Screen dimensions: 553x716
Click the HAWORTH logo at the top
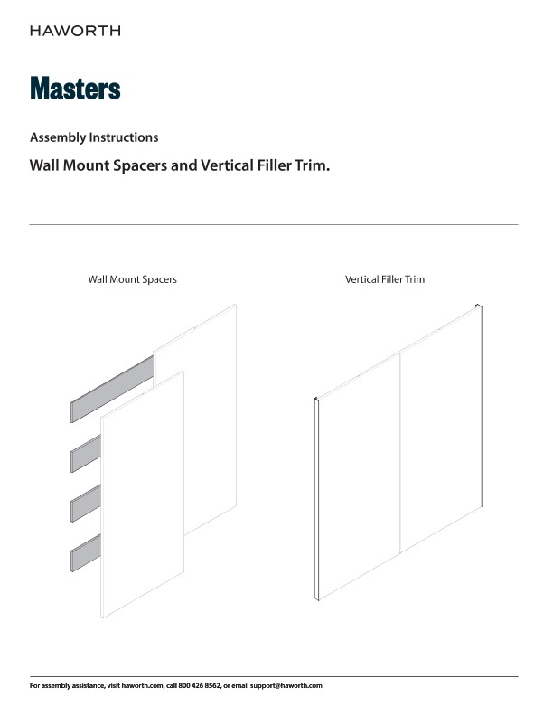(x=75, y=31)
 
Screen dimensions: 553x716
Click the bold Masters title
(x=75, y=88)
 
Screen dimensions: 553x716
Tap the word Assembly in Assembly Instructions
(x=58, y=137)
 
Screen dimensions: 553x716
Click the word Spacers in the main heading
(x=140, y=165)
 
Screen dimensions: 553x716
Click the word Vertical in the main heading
(x=227, y=165)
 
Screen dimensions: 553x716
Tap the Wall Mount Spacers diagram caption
(x=132, y=279)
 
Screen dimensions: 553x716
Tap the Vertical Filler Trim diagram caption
(x=385, y=279)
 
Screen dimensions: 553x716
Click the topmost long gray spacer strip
(x=112, y=390)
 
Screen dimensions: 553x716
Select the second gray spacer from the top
(x=86, y=454)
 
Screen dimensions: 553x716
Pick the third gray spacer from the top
(x=86, y=503)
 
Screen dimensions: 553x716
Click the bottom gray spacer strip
(x=86, y=552)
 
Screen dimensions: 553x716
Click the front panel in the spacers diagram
(x=143, y=495)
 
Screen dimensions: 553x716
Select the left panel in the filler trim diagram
(x=359, y=476)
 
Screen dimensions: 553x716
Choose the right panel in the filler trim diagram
(x=441, y=429)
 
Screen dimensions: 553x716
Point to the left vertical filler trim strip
(x=315, y=499)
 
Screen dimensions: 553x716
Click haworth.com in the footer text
(x=143, y=685)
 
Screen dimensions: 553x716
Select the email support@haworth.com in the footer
(x=286, y=685)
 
